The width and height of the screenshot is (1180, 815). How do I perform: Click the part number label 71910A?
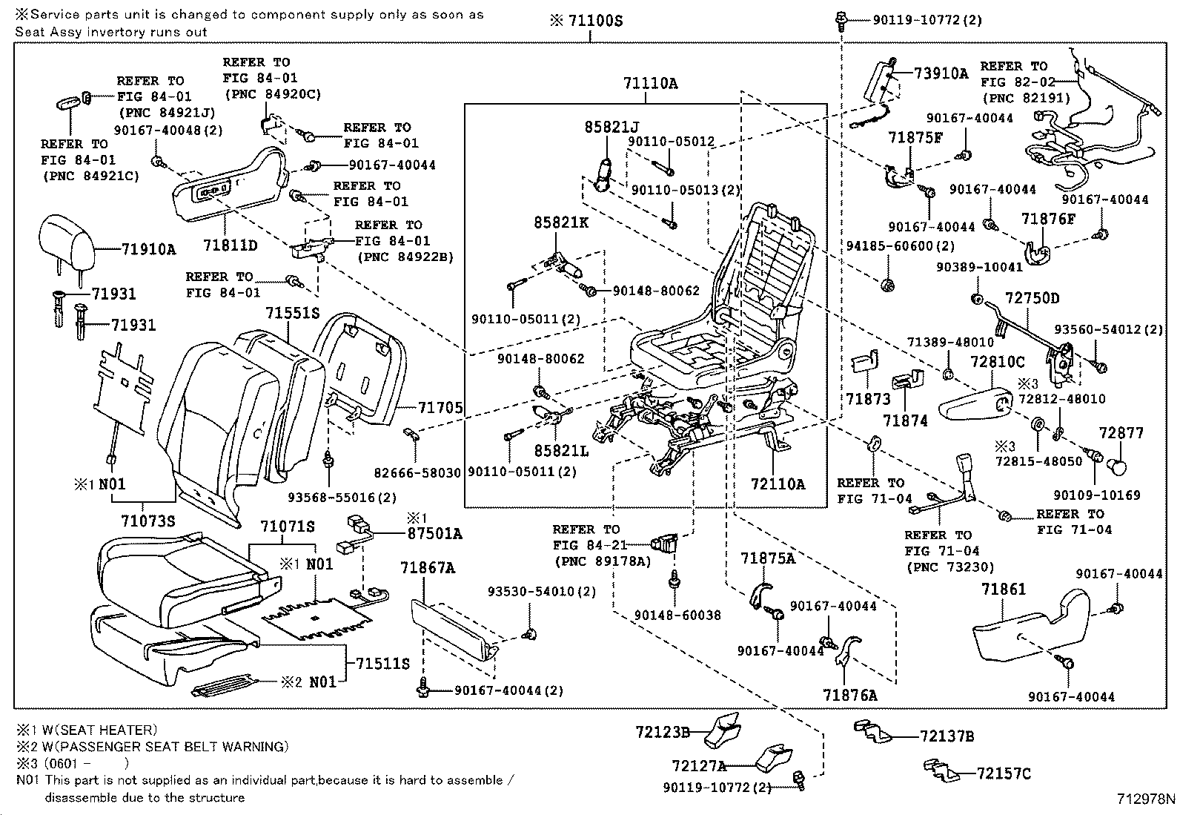click(x=148, y=250)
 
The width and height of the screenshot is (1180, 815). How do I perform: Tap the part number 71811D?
click(x=231, y=245)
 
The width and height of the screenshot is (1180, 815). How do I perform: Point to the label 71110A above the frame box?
click(x=650, y=84)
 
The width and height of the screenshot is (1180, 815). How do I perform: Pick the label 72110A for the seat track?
click(x=777, y=484)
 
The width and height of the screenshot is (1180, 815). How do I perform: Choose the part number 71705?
click(x=440, y=407)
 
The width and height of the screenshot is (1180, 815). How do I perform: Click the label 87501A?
click(x=434, y=534)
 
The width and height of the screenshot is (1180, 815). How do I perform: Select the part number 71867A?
click(x=428, y=569)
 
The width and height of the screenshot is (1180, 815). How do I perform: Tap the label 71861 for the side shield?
click(x=1004, y=590)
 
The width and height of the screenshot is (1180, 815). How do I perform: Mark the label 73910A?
click(x=941, y=73)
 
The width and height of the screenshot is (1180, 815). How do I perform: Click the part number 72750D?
click(x=1032, y=299)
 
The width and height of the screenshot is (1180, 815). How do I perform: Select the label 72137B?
click(x=947, y=736)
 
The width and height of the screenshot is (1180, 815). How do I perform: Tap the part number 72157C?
click(x=1004, y=774)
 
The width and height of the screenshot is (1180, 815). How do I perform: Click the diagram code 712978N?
click(x=1146, y=799)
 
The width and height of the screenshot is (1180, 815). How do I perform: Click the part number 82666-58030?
click(x=416, y=472)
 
